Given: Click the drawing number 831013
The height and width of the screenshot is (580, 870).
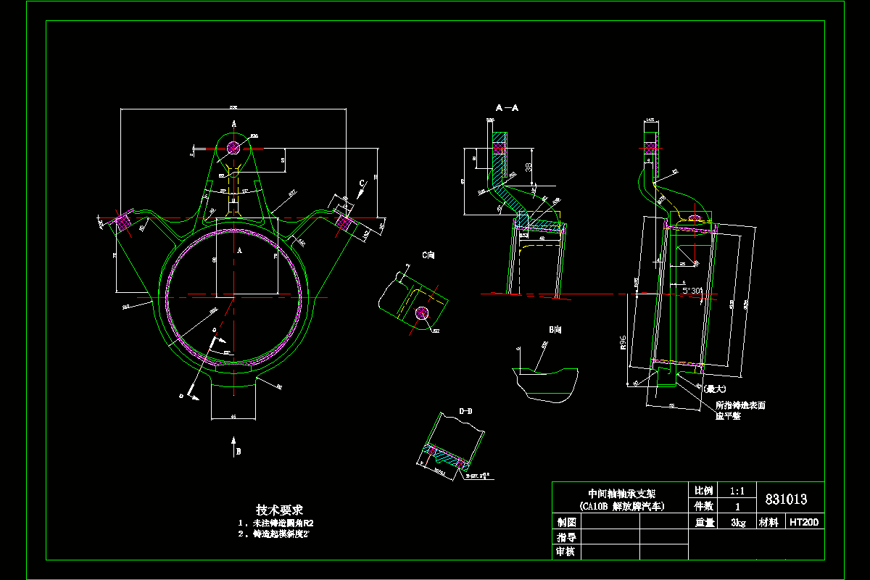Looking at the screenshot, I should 786,500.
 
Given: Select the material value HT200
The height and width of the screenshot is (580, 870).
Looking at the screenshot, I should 804,522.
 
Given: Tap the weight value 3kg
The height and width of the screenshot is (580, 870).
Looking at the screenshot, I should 738,522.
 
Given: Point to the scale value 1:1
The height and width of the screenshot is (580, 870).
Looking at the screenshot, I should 737,491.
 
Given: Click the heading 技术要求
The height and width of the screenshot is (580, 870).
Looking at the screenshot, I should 279,510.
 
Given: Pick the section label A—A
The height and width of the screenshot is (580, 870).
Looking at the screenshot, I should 507,108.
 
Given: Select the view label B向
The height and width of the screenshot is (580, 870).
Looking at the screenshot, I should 555,330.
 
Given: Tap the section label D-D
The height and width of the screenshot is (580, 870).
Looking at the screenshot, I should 465,411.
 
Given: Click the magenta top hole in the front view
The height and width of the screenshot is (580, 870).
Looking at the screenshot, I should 233,147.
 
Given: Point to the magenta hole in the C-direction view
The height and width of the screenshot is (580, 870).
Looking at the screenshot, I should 421,313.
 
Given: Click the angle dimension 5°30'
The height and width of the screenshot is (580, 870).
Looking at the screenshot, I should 692,290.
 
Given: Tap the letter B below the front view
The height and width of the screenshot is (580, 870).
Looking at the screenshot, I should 238,451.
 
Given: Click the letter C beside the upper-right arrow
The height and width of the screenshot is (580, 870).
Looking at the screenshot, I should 362,183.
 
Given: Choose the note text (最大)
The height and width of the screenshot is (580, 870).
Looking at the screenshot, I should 716,389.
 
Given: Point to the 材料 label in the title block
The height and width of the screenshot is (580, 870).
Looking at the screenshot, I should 768,522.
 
